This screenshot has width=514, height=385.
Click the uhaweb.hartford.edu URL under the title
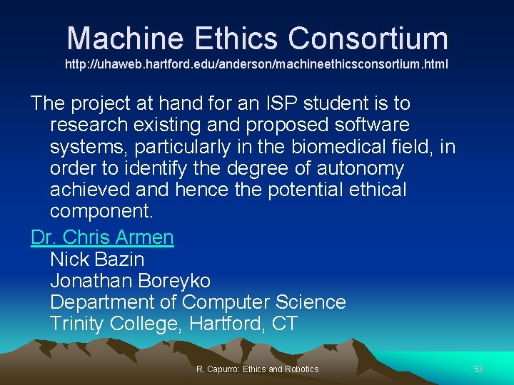pos(257,64)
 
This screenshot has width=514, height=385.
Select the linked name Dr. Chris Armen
pos(102,237)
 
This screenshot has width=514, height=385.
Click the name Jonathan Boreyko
pos(130,280)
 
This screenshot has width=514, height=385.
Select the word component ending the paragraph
pos(101,212)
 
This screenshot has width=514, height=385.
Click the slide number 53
pos(478,369)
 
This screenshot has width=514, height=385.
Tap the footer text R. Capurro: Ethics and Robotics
pos(257,369)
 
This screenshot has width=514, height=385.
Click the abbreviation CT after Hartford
pos(284,324)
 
